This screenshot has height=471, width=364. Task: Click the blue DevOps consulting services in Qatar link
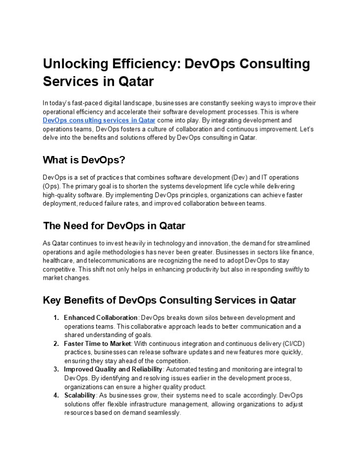coord(99,120)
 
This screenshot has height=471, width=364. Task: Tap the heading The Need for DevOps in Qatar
coord(114,226)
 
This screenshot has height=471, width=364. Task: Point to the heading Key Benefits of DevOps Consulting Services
coord(169,300)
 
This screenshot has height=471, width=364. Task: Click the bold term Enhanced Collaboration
coord(101,318)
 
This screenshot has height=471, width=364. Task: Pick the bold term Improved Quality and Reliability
coord(113,369)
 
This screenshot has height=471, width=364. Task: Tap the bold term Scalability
coord(80,395)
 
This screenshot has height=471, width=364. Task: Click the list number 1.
coord(56,318)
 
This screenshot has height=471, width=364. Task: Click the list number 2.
coord(56,343)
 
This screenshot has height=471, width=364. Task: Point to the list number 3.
coord(56,369)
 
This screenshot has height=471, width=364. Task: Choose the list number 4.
coord(56,395)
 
